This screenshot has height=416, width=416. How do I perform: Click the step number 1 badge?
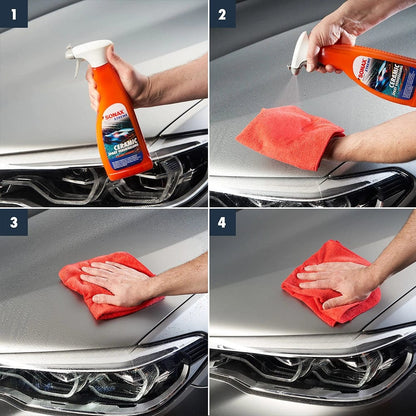coord(13,13)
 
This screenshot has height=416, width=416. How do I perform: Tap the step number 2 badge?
coord(222,13)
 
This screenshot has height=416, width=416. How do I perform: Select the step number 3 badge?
coord(13,222)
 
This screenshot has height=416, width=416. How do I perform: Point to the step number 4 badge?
coord(222,222)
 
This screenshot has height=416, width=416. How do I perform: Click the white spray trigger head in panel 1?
coord(89,53)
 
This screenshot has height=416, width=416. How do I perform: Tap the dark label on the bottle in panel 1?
coord(123,145)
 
